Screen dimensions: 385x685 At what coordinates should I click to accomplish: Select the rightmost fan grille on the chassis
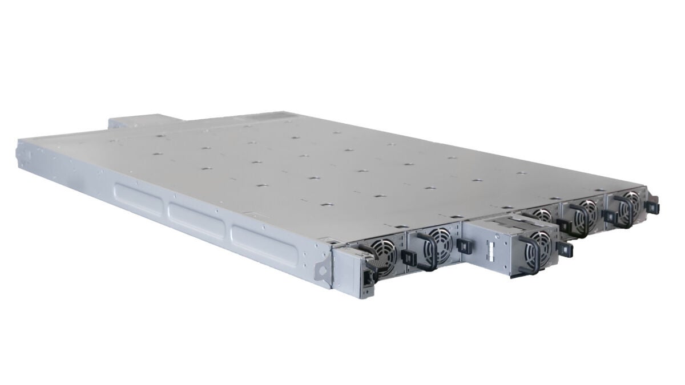pos(631,202)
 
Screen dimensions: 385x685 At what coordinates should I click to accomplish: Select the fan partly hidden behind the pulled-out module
pos(540,215)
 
